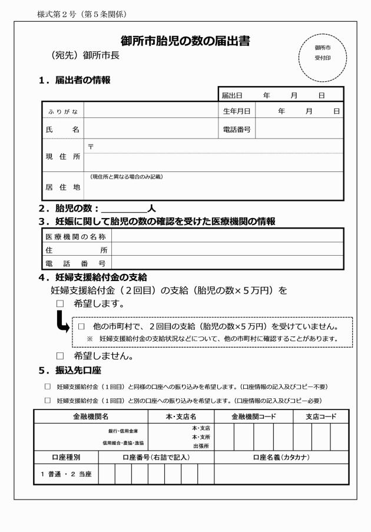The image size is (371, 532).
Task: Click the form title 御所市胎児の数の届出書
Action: tap(185, 41)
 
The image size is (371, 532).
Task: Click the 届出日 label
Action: tap(232, 95)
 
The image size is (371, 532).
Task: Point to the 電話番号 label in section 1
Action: tap(236, 129)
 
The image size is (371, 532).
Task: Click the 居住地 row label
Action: tap(63, 187)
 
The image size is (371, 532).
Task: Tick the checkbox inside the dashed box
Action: tap(82, 326)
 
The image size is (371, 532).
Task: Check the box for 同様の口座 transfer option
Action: tap(48, 387)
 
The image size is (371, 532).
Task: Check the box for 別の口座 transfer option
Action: tap(48, 401)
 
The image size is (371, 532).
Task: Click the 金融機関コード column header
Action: tap(254, 416)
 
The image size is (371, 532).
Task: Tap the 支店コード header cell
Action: tap(320, 416)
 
